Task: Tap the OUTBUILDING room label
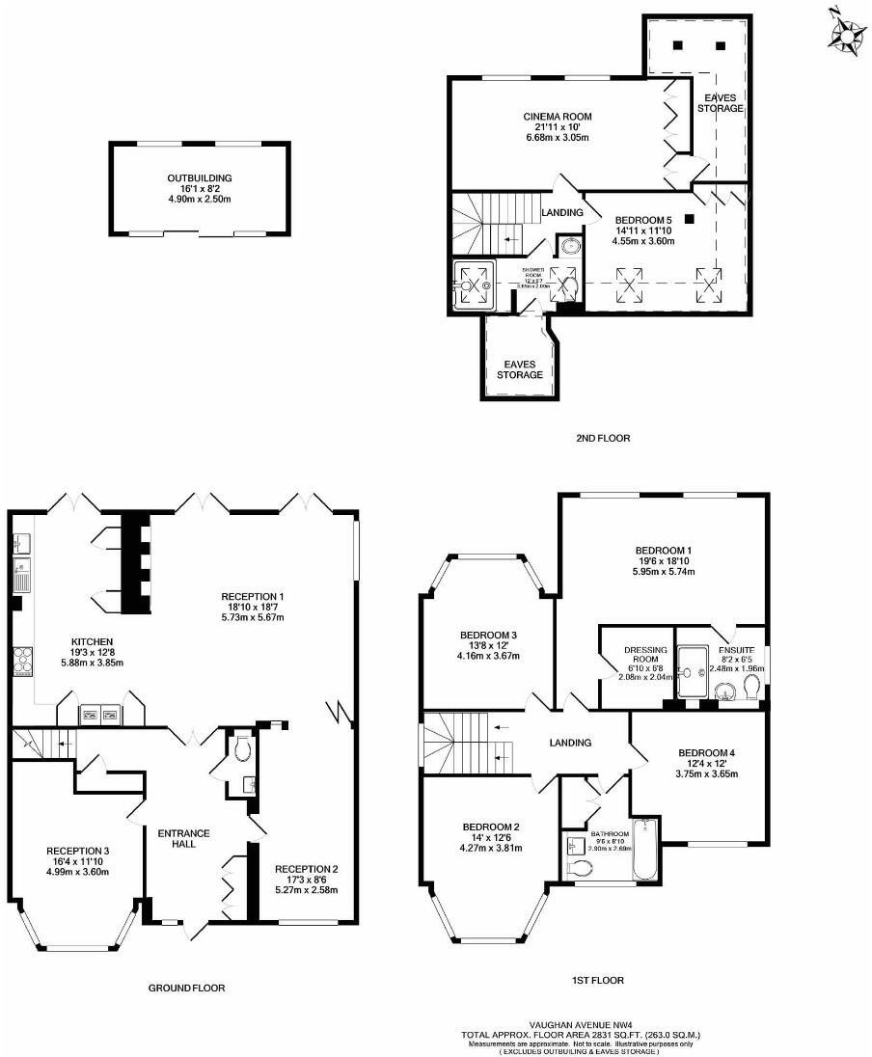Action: (x=200, y=178)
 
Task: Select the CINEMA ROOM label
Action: (x=558, y=117)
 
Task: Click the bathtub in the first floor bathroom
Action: (x=644, y=851)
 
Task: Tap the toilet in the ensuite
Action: (x=752, y=686)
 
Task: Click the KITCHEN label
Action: (x=93, y=641)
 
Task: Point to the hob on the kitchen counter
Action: (x=21, y=661)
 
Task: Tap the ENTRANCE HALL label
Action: (x=183, y=838)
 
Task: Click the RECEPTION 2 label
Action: (x=302, y=867)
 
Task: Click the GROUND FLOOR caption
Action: (x=186, y=988)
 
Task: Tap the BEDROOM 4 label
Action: (x=707, y=753)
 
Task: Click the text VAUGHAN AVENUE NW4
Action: (x=581, y=1026)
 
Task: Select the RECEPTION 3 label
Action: (x=78, y=851)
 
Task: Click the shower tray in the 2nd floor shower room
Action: (x=474, y=285)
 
